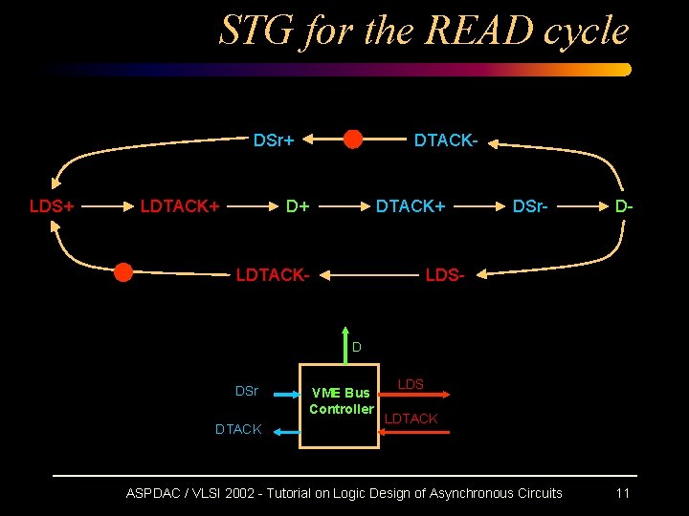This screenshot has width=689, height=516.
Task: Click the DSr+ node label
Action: coord(273,141)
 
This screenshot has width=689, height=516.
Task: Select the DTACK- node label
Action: coord(445,141)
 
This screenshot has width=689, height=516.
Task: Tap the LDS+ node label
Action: coord(52,206)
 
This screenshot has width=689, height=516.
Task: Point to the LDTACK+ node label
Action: coord(180,206)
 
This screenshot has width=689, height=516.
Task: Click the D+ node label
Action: coord(298,206)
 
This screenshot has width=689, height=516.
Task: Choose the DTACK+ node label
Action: coord(410,206)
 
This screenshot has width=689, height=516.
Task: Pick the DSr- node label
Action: coord(530,206)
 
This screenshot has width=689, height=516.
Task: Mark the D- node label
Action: coord(623,206)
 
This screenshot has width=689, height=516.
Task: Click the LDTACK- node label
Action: coord(273,275)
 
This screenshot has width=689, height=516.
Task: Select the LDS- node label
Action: coord(444,275)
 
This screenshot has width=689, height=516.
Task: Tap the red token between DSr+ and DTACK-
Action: coord(353,140)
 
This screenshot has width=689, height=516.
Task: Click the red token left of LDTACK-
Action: coord(123,272)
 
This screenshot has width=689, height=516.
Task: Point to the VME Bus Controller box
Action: coord(340,405)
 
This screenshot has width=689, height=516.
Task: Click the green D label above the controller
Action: coord(356,347)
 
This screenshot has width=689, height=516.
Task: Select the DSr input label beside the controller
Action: coord(247,391)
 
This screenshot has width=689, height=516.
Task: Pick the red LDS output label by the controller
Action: coord(411,384)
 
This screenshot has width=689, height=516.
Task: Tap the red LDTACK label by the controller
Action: coord(411,419)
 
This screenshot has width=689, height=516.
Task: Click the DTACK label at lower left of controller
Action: coord(238,429)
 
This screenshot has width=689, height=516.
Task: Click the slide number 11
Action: coord(622,493)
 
